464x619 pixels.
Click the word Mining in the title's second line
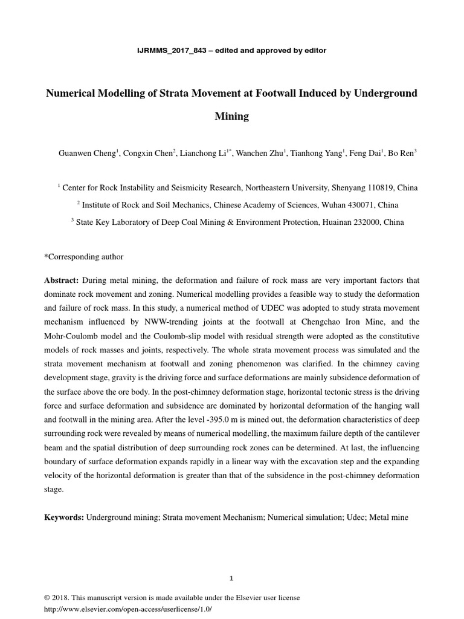click(232, 117)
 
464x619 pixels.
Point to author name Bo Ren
click(401, 154)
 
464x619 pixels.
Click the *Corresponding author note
click(83, 257)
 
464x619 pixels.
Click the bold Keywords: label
click(64, 518)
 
